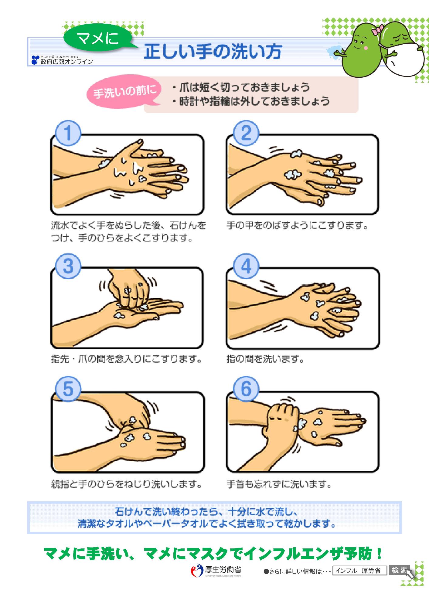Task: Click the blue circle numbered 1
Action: (68, 134)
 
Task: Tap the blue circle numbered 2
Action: (246, 134)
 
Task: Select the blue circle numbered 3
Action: (68, 266)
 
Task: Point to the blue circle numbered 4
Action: (246, 266)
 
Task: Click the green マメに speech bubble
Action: (99, 39)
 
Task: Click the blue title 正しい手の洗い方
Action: (213, 52)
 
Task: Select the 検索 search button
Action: (399, 571)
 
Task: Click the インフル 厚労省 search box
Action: (360, 571)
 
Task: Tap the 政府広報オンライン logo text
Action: (62, 60)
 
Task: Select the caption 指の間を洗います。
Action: (265, 359)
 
